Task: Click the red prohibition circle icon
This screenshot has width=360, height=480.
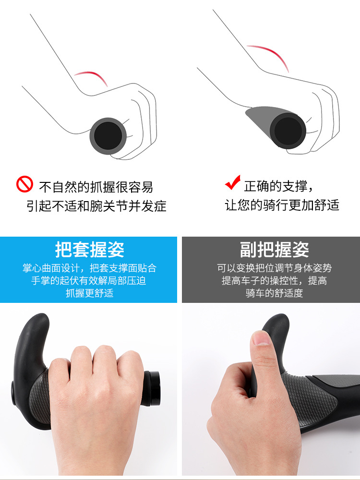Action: [x=24, y=184]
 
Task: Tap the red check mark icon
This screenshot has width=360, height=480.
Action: [x=233, y=183]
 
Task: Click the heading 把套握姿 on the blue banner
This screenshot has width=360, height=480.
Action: [x=90, y=250]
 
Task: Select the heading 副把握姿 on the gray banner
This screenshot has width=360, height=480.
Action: [x=274, y=250]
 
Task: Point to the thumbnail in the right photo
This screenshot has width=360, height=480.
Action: [x=261, y=338]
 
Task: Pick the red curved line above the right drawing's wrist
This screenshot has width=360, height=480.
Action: [x=268, y=57]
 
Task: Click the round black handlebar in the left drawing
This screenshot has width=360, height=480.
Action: [x=108, y=136]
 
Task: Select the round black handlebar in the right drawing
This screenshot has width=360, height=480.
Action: [x=288, y=131]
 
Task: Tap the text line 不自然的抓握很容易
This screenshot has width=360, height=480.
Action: [x=96, y=187]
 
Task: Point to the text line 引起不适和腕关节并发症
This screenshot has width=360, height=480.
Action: [x=96, y=206]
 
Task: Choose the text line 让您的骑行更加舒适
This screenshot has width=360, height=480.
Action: [x=282, y=205]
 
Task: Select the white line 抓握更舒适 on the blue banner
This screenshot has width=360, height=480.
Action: [x=89, y=293]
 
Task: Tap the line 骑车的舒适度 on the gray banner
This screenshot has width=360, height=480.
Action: [x=274, y=293]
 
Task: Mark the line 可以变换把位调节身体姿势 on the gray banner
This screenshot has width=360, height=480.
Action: [x=274, y=268]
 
